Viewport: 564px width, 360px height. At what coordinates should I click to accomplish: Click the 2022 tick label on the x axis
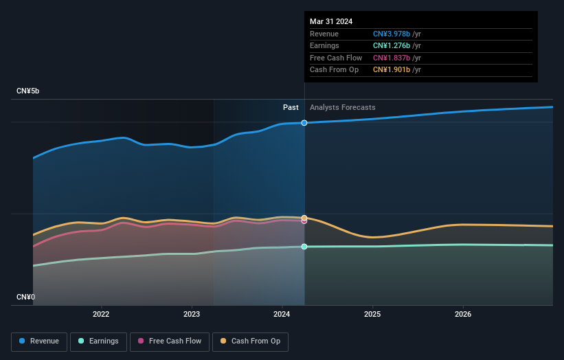point(101,315)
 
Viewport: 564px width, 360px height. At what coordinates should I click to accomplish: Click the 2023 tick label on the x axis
point(192,315)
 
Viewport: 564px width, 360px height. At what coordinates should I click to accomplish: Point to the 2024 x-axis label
point(282,315)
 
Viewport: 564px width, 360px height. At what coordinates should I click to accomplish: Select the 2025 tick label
point(372,315)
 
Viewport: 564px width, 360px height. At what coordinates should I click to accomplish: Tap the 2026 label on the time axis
point(463,315)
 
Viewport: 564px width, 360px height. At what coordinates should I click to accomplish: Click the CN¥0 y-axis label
point(25,297)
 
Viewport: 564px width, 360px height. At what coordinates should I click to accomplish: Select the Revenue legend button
point(39,341)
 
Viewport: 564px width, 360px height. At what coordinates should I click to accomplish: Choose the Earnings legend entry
point(98,341)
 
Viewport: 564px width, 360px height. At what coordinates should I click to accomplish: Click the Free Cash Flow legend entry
point(169,341)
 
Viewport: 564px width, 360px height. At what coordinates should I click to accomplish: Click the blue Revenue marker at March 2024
point(304,123)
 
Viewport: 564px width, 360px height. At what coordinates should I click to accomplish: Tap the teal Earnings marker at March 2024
point(304,247)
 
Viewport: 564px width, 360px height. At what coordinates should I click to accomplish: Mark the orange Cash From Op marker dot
point(304,218)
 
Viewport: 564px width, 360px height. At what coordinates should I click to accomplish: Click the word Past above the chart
point(291,107)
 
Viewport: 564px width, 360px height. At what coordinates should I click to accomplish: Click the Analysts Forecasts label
point(343,107)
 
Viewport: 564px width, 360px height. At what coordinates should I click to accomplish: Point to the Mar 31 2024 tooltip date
point(331,21)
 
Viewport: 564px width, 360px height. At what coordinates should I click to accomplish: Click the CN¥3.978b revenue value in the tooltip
point(392,34)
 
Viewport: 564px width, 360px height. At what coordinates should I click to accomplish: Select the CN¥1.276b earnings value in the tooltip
point(392,45)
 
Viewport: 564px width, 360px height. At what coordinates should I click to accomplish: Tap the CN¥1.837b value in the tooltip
point(392,58)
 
